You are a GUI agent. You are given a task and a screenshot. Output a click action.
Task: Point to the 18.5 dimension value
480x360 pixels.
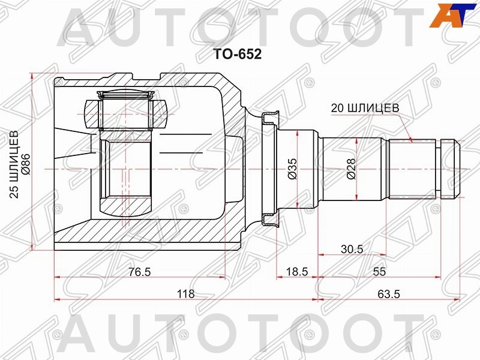tap(296, 272)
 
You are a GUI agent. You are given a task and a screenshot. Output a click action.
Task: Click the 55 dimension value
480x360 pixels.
tap(379, 272)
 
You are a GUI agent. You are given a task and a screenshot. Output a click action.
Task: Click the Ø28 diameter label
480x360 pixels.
tap(350, 169)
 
